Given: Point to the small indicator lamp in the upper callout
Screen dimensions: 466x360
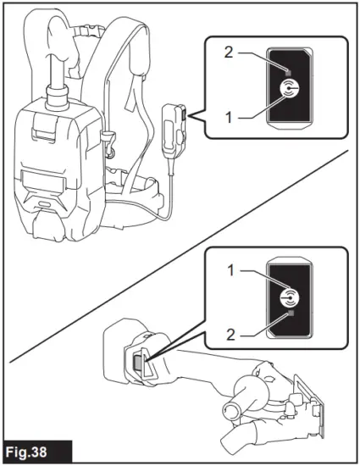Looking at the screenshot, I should (289, 67).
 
